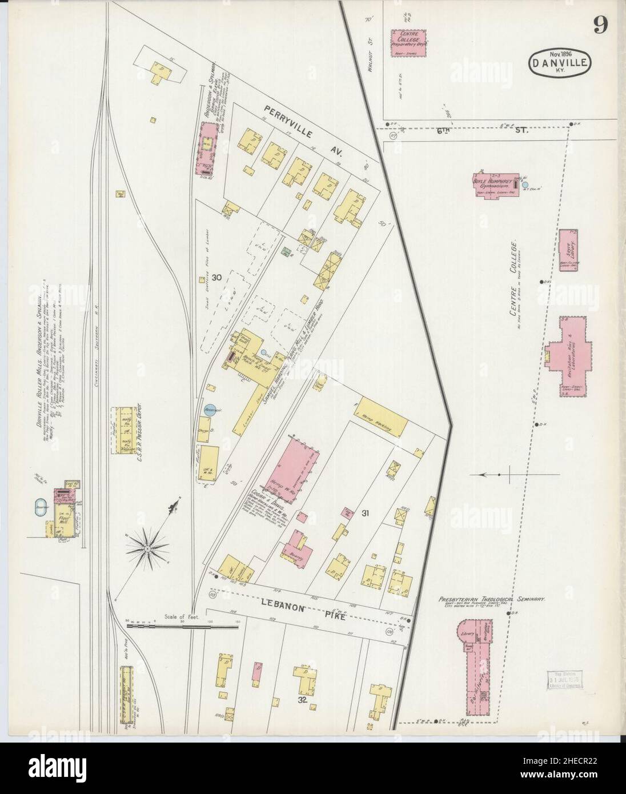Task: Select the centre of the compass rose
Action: [147, 549]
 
